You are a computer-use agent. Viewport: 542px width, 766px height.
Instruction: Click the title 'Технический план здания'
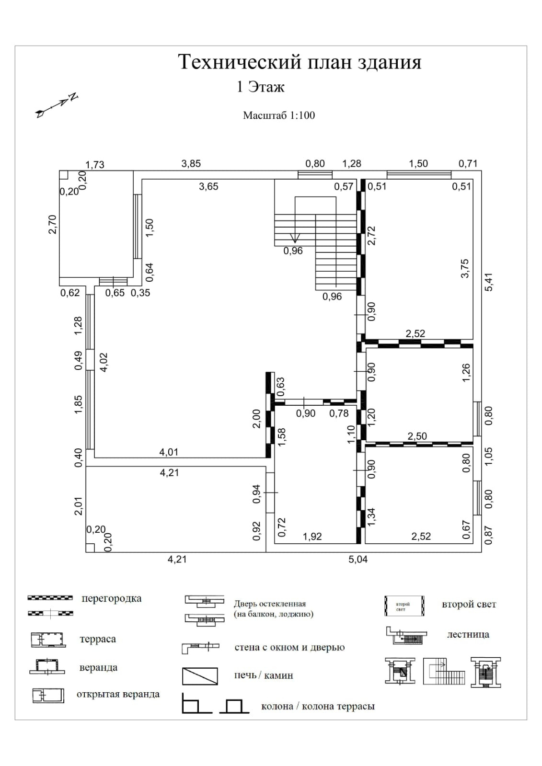(x=300, y=62)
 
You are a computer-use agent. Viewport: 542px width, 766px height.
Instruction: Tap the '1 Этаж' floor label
(x=261, y=87)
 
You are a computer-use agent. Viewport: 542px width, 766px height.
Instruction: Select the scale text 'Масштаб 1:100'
(x=279, y=115)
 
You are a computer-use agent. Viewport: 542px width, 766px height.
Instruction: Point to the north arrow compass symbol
(x=57, y=105)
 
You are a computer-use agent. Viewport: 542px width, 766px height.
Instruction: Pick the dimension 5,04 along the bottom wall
(x=358, y=560)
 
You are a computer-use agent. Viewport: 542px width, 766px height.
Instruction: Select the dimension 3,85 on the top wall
(x=191, y=164)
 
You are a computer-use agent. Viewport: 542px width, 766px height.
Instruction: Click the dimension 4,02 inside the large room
(x=103, y=363)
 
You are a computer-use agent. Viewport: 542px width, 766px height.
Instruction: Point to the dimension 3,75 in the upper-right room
(x=465, y=269)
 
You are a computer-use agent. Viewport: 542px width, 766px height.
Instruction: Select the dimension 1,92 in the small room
(x=312, y=537)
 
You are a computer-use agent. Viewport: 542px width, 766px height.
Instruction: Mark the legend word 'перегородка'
(x=112, y=598)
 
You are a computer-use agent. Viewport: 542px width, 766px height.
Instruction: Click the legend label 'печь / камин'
(x=264, y=675)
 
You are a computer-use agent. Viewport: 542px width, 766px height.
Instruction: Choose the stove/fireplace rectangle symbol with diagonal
(x=200, y=676)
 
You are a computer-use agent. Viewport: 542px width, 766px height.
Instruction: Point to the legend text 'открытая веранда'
(x=118, y=694)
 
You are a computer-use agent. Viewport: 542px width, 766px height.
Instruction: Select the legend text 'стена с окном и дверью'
(x=289, y=647)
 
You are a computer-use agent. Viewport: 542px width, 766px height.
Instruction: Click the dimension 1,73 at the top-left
(x=95, y=165)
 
